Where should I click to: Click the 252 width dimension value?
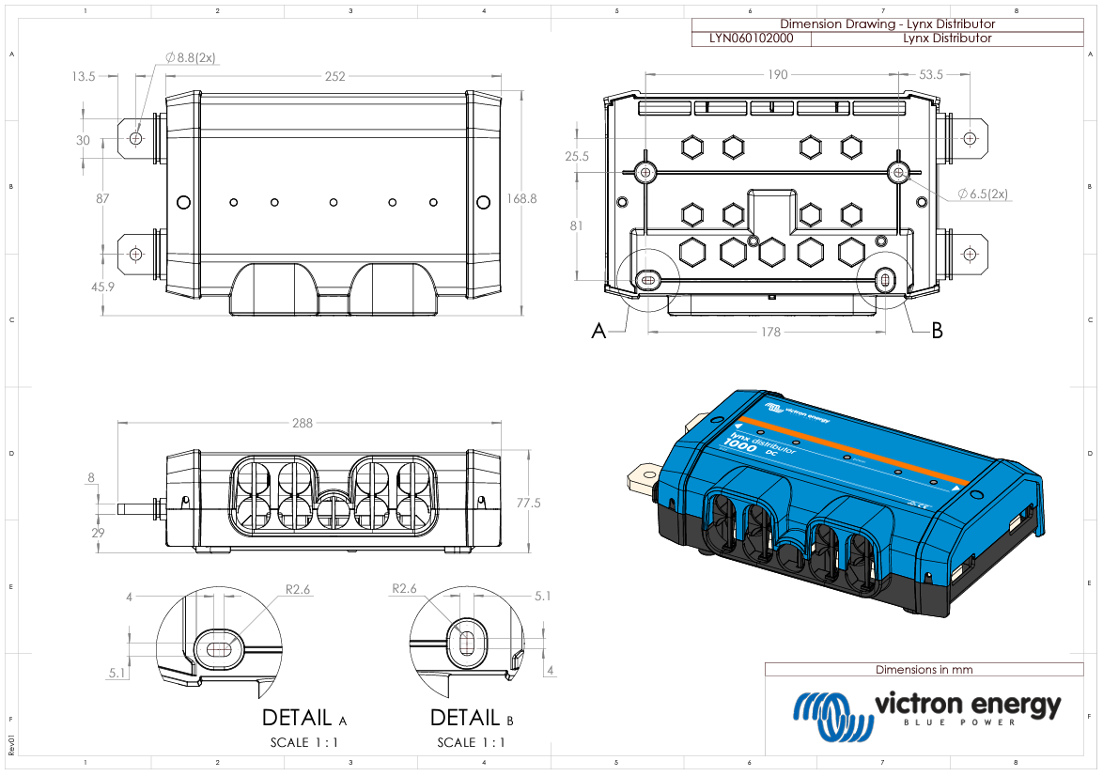click(x=334, y=76)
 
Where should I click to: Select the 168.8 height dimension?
click(x=521, y=199)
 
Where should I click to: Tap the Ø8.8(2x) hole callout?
click(x=191, y=58)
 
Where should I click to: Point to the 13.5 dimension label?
click(x=84, y=76)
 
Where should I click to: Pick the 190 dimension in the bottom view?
click(x=776, y=75)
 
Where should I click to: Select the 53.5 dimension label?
click(x=931, y=75)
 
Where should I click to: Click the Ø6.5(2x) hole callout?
click(x=983, y=194)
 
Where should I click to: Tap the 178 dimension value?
click(x=770, y=332)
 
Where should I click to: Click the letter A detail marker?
click(x=598, y=331)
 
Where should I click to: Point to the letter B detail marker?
click(x=936, y=331)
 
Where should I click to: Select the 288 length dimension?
click(x=302, y=424)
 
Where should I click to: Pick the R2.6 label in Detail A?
click(x=297, y=590)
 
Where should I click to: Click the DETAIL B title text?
click(x=472, y=719)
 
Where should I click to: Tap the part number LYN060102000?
click(x=751, y=39)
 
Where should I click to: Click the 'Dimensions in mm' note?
click(x=924, y=670)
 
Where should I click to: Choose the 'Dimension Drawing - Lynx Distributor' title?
click(x=887, y=24)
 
